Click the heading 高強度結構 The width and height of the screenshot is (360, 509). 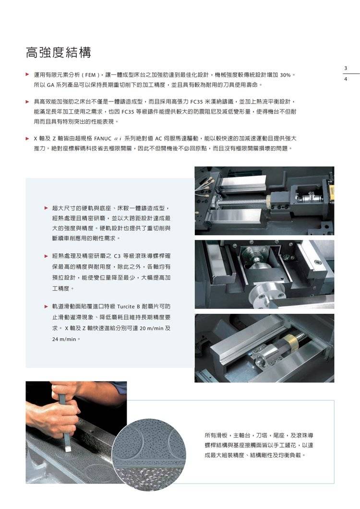pos(59,53)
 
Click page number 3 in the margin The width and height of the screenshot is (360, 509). pos(346,68)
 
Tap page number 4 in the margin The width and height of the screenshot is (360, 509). pos(346,79)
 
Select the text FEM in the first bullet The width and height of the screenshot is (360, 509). pos(91,75)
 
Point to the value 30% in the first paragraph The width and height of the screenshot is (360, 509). pos(285,75)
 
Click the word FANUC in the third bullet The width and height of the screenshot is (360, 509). pos(103,139)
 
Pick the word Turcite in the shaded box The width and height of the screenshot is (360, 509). pos(126,307)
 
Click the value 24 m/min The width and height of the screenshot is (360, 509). pos(64,339)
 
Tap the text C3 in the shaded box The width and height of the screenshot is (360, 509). pos(117,256)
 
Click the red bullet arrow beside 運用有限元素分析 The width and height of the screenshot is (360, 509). pos(28,75)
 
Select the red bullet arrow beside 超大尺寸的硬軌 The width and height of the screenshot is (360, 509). pos(46,208)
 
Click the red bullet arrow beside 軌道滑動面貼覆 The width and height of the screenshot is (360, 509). pos(46,306)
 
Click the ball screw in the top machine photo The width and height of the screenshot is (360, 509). pos(241,203)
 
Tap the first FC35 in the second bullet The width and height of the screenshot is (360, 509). pos(197,102)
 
